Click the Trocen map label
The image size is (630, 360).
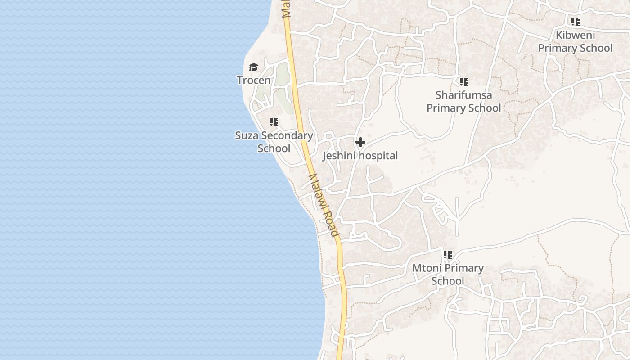tap(254, 81)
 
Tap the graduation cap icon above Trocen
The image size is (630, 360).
tap(254, 67)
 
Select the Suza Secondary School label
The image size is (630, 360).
tap(274, 142)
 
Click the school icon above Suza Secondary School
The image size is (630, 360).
tap(274, 122)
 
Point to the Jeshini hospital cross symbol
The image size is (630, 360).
tap(360, 143)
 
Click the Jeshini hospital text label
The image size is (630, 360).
tap(360, 156)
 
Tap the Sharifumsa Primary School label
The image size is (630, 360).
tap(463, 102)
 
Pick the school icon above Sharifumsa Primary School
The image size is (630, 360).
tap(463, 82)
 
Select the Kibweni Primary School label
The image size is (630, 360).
tap(576, 41)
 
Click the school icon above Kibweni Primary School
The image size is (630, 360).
tap(576, 21)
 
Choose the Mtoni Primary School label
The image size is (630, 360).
tap(448, 274)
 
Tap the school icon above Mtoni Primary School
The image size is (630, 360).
tap(448, 255)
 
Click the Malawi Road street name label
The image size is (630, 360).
tap(324, 205)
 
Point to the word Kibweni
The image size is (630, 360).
tap(576, 35)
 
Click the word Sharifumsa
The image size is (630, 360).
tap(463, 95)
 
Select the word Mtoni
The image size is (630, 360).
tap(427, 268)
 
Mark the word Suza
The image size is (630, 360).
tap(247, 135)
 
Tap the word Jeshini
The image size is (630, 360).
tap(339, 156)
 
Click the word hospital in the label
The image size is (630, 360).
tap(377, 156)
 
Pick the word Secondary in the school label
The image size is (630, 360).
tap(287, 135)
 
